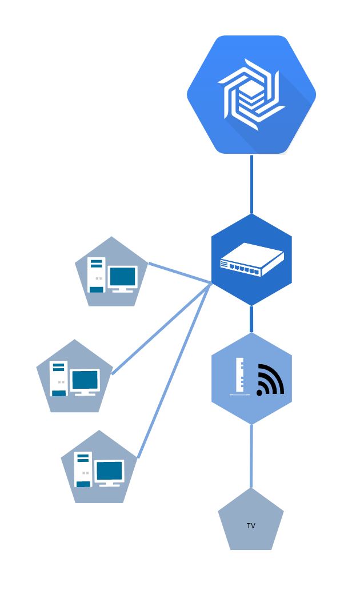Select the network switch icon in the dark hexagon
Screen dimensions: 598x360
pyautogui.click(x=251, y=259)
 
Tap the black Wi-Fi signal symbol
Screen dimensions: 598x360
pyautogui.click(x=271, y=379)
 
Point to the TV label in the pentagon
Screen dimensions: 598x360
pyautogui.click(x=251, y=525)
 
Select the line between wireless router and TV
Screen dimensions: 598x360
pyautogui.click(x=251, y=456)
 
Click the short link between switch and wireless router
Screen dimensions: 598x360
pyautogui.click(x=251, y=319)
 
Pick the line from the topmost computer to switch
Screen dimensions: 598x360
pyautogui.click(x=180, y=273)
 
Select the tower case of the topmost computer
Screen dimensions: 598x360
pyautogui.click(x=97, y=275)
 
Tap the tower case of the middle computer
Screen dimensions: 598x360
pyautogui.click(x=59, y=378)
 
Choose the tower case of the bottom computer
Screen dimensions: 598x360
pyautogui.click(x=83, y=469)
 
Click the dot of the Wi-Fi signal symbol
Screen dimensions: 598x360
pyautogui.click(x=260, y=393)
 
